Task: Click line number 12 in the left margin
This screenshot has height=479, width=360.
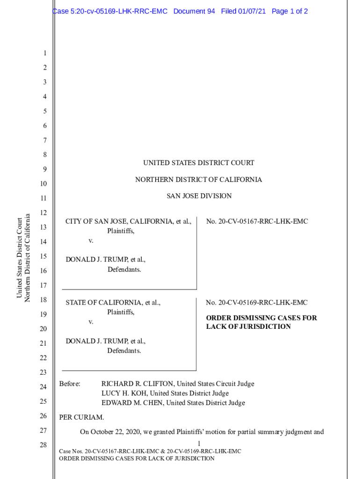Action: tap(43, 213)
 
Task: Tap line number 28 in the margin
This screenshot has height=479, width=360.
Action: tap(43, 445)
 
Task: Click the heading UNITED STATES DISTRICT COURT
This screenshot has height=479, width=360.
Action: tap(199, 163)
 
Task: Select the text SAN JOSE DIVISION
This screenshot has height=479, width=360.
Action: tap(199, 196)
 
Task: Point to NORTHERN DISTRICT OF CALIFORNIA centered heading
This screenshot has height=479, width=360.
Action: tap(199, 180)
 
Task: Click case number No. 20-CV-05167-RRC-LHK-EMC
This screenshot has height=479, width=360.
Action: tap(257, 221)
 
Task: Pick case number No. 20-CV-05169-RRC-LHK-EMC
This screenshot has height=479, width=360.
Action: tap(257, 303)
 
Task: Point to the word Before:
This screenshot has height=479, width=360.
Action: tap(70, 384)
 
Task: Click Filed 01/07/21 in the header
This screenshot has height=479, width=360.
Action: tap(243, 11)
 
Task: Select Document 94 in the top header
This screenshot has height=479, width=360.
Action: tap(194, 11)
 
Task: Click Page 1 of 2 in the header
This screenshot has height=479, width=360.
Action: tap(289, 11)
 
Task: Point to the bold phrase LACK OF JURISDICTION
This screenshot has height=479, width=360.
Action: tap(248, 327)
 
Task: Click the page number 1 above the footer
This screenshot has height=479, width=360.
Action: tap(199, 443)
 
